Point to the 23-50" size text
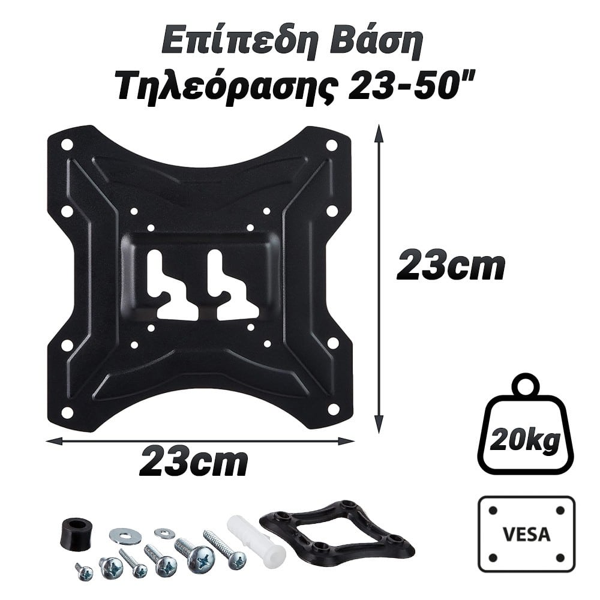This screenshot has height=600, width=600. [x=412, y=86]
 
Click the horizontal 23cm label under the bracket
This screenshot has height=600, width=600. [x=193, y=463]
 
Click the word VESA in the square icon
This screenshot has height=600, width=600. [x=527, y=534]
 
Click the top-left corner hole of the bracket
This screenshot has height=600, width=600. [x=67, y=145]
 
